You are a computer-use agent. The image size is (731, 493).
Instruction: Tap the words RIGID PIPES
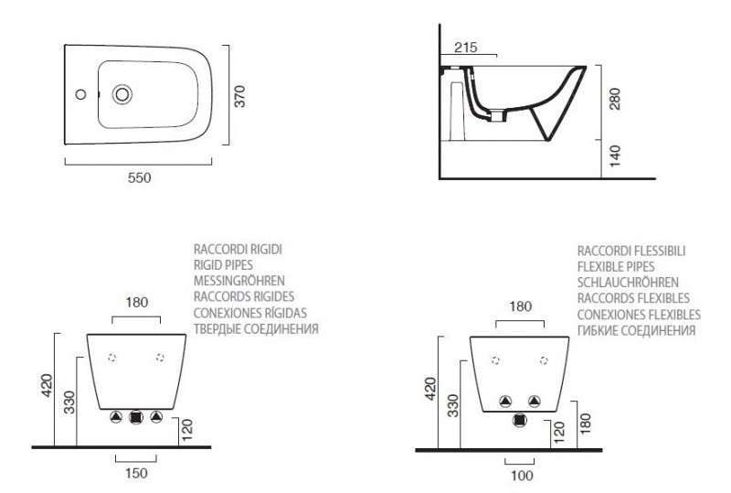[x=224, y=263]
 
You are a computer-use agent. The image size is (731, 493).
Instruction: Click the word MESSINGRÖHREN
[x=239, y=280]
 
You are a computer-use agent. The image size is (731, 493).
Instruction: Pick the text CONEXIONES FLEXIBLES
[x=639, y=314]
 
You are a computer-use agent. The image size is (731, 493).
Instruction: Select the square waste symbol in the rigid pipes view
[x=136, y=417]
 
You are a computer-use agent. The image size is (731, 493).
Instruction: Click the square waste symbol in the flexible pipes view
[x=520, y=420]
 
